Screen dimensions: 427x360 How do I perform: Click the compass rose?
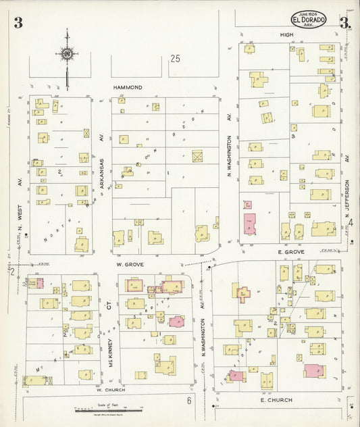click(x=68, y=53)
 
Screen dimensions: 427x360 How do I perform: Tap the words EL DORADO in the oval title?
click(x=309, y=20)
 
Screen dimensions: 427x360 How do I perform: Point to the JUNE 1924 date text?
click(x=309, y=14)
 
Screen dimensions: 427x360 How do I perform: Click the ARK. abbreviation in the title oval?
click(x=309, y=26)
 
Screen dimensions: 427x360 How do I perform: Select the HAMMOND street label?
click(x=128, y=88)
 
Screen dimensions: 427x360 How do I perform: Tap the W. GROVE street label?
click(x=126, y=266)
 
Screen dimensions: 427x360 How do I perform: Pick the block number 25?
click(x=176, y=59)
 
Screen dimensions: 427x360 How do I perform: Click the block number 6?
click(x=190, y=401)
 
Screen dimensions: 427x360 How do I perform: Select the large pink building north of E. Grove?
click(x=250, y=224)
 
